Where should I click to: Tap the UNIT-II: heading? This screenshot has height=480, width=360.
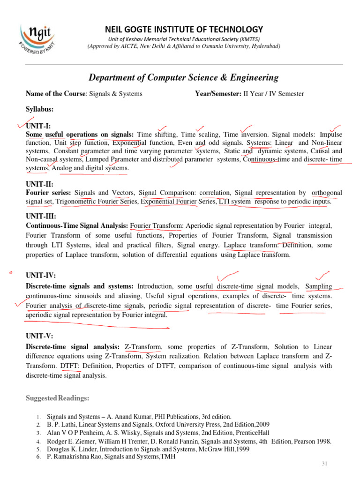pos(40,185)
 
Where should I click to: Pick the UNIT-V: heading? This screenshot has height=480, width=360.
pos(39,336)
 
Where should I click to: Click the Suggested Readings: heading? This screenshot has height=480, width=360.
pos(57,398)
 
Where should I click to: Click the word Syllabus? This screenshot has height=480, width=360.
pos(39,109)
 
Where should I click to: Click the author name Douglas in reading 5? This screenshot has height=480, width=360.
pos(59,449)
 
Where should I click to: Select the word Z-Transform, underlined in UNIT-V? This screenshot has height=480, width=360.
pos(143,347)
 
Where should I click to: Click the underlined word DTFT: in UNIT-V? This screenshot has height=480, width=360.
pos(70,366)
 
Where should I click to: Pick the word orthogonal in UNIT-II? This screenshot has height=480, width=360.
pos(327,193)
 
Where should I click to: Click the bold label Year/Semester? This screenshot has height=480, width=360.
pos(218,94)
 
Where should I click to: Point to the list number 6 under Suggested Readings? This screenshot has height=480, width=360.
pos(38,457)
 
